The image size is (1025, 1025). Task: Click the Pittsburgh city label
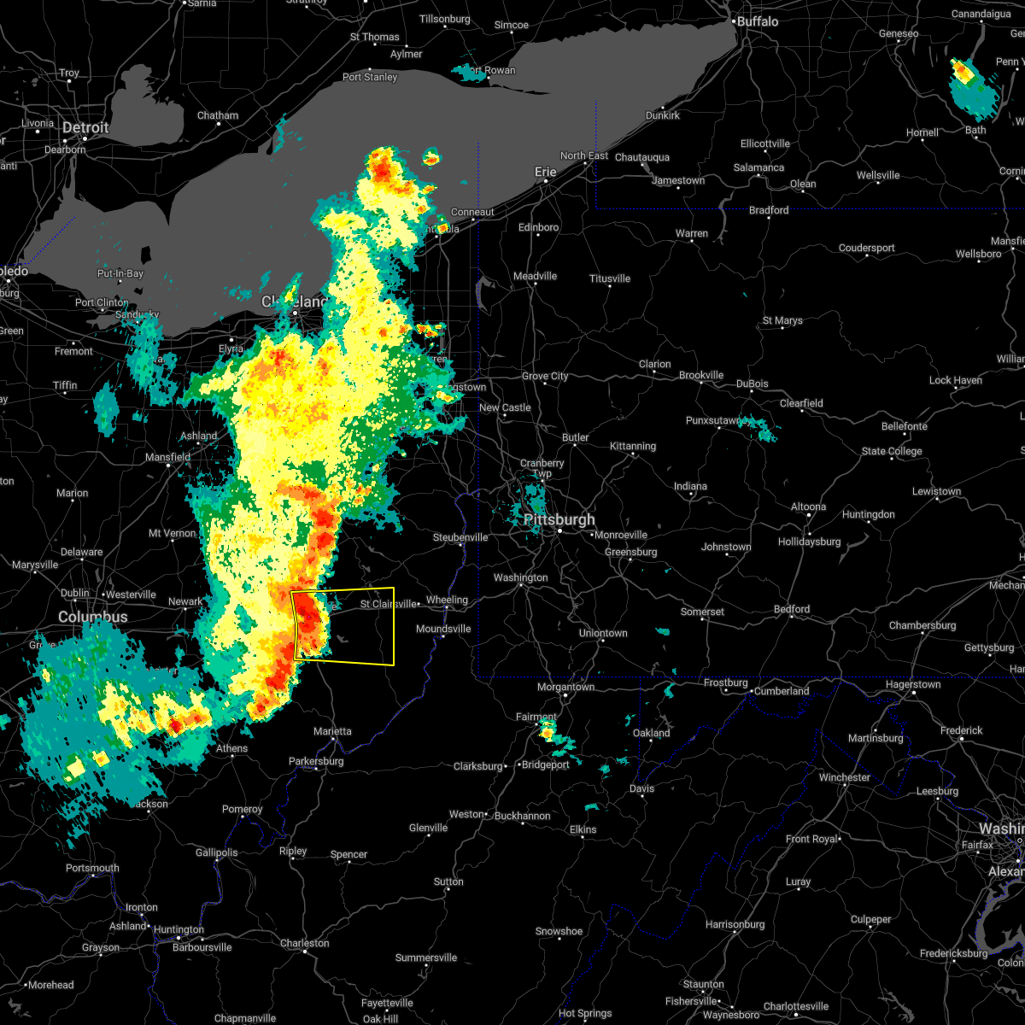pyautogui.click(x=561, y=519)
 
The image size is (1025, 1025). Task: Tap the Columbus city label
pyautogui.click(x=92, y=617)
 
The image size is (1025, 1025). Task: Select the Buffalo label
pyautogui.click(x=758, y=20)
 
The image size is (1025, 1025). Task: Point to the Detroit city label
pyautogui.click(x=85, y=127)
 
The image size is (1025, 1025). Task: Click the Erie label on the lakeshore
pyautogui.click(x=546, y=172)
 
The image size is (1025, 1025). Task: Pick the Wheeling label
pyautogui.click(x=447, y=600)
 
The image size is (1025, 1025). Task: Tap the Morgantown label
pyautogui.click(x=565, y=687)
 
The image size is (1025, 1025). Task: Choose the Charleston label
pyautogui.click(x=304, y=943)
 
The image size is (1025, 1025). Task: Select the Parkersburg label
pyautogui.click(x=316, y=761)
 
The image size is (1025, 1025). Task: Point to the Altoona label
pyautogui.click(x=808, y=507)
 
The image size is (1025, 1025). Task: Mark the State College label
pyautogui.click(x=892, y=451)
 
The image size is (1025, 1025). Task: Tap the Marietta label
pyautogui.click(x=331, y=731)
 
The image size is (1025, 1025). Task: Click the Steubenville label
pyautogui.click(x=460, y=537)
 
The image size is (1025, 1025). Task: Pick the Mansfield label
pyautogui.click(x=167, y=457)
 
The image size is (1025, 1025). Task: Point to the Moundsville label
pyautogui.click(x=443, y=629)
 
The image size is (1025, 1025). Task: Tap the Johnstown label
pyautogui.click(x=726, y=547)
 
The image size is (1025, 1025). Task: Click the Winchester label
pyautogui.click(x=844, y=777)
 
